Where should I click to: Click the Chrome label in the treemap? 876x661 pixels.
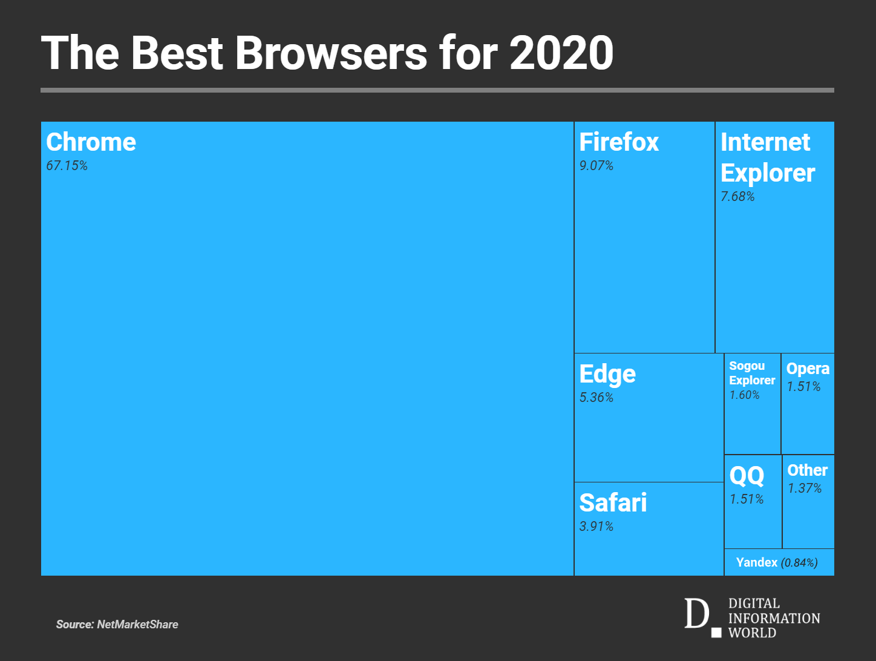point(91,142)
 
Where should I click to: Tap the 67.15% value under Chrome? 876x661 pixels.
point(67,166)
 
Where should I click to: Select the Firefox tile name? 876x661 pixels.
point(619,142)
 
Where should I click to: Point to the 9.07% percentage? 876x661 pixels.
point(596,166)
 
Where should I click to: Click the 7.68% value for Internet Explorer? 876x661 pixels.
point(737,197)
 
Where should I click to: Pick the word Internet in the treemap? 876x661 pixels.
point(765,142)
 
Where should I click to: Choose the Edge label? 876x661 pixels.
point(607,374)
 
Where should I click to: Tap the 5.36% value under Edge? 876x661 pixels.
point(596,398)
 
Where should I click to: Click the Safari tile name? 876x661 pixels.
point(613,503)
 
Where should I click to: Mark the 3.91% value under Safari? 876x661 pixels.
point(596,527)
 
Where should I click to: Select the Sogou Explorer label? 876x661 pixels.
point(752,373)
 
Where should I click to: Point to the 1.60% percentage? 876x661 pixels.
point(744,395)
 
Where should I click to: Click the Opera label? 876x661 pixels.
point(808,369)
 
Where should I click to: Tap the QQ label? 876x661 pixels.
point(747,476)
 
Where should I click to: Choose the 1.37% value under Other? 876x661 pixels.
point(805,488)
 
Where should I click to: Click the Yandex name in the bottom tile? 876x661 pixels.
point(756,562)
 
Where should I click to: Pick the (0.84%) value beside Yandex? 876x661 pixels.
point(799,563)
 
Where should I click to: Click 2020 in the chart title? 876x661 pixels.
point(561,53)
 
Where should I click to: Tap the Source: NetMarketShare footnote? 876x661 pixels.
point(117,624)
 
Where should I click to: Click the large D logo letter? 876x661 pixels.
point(696,614)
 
